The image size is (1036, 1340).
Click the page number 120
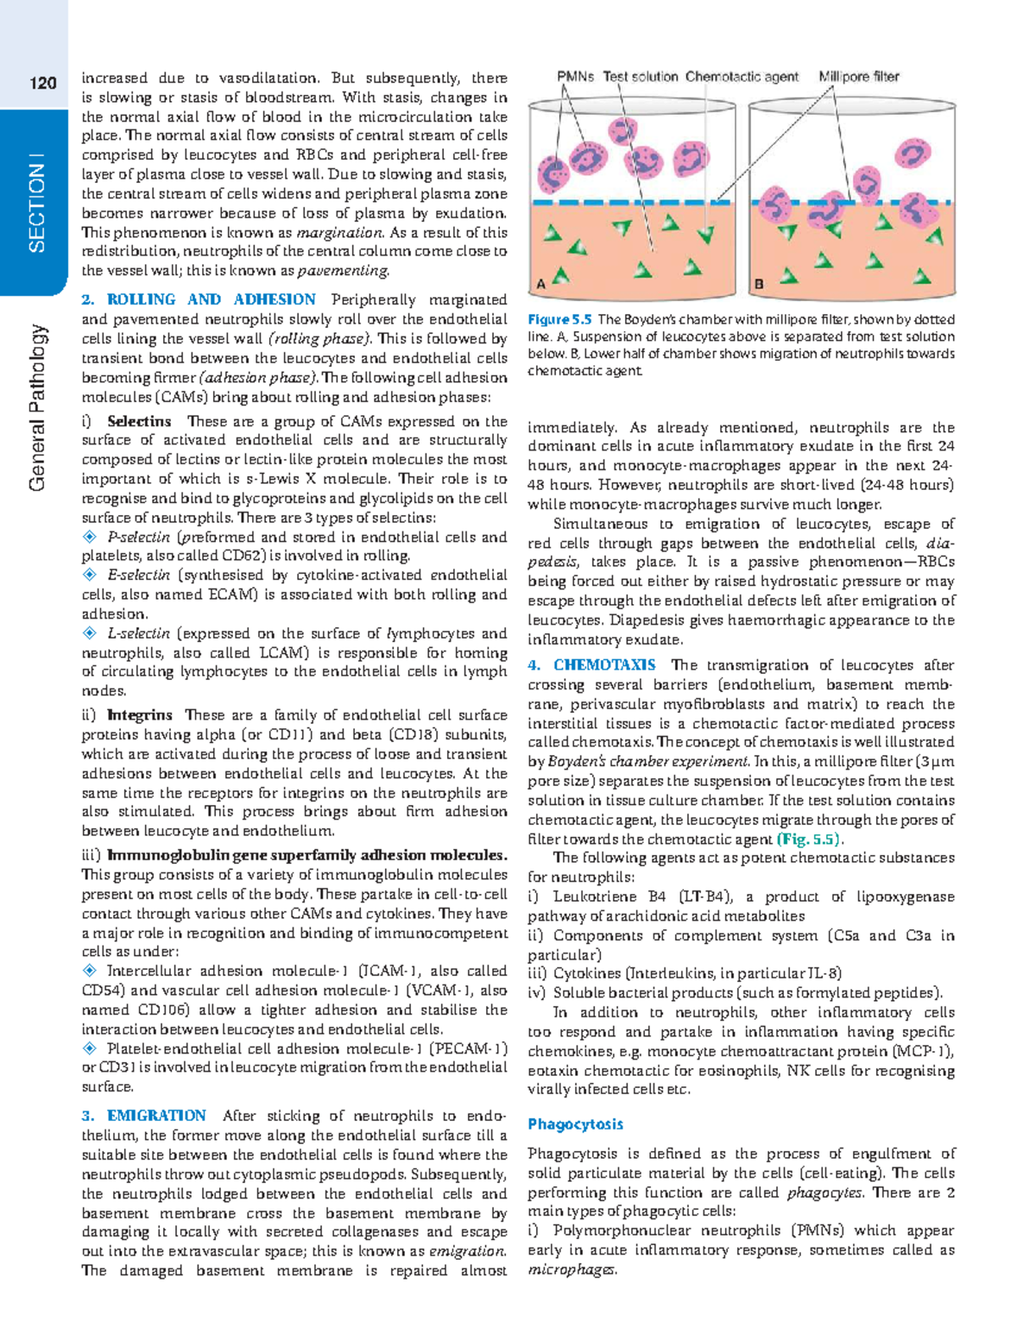[42, 83]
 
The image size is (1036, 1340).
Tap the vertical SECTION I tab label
[36, 203]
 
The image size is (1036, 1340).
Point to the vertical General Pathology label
[36, 407]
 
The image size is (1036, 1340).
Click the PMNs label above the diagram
[575, 77]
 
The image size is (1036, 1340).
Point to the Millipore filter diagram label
[858, 77]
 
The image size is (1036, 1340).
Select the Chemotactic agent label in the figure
[742, 77]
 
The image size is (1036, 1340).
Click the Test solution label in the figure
[640, 77]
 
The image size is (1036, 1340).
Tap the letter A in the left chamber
[540, 283]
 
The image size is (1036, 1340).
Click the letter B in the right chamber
[759, 283]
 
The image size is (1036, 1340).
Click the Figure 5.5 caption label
[559, 319]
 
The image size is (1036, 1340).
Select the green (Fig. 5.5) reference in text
[810, 840]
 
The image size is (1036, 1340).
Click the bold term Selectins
[139, 421]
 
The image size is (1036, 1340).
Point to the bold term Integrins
[139, 714]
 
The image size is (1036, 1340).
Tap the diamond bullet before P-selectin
[89, 537]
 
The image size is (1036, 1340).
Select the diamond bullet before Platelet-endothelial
[89, 1048]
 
